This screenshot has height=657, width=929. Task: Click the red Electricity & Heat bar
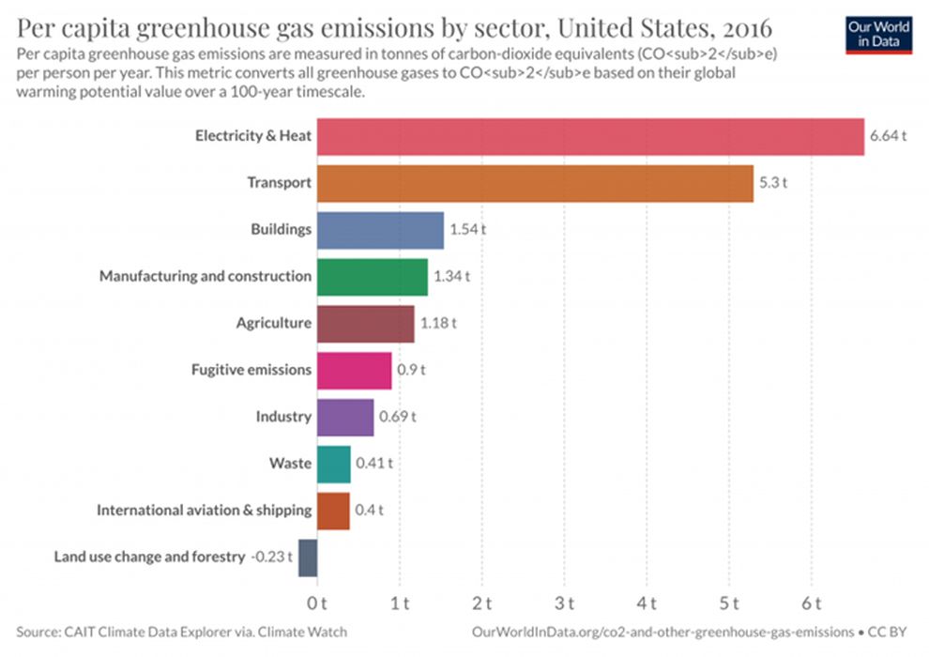589,137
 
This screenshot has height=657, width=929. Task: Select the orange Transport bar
535,183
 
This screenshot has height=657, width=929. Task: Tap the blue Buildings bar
380,230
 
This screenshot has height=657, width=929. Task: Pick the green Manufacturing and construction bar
372,277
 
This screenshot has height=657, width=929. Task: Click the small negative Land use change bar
308,557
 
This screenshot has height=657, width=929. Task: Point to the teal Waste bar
333,464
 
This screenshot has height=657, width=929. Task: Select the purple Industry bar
345,417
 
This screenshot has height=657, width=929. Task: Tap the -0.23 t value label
270,557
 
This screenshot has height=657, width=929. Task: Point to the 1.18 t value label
438,324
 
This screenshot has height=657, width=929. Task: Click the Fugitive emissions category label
251,370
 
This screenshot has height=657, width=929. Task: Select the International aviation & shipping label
204,511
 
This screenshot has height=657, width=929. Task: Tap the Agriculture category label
273,324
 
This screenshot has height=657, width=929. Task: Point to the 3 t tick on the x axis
566,602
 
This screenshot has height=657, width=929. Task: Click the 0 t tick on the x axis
317,602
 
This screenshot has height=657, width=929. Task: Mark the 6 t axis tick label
813,602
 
